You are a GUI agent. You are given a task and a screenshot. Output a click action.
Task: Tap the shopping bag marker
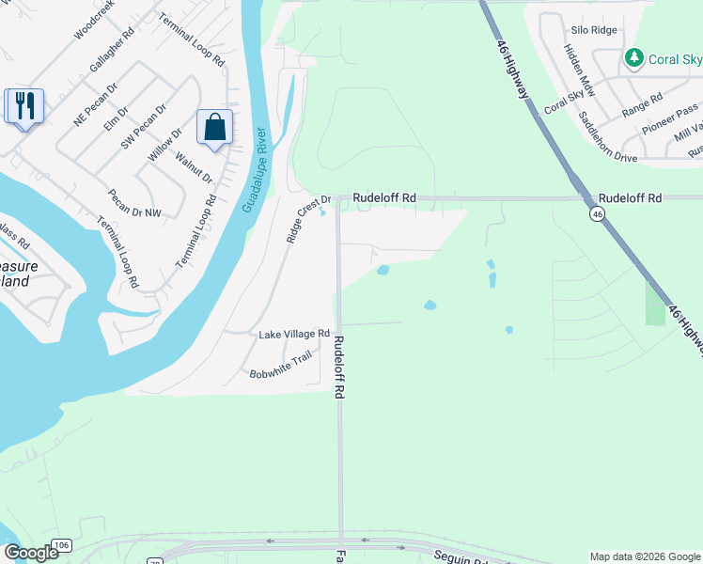pyautogui.click(x=214, y=127)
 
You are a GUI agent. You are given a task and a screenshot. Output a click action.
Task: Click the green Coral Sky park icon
pyautogui.click(x=634, y=58)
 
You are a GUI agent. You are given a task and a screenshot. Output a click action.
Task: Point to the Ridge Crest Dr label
pyautogui.click(x=309, y=219)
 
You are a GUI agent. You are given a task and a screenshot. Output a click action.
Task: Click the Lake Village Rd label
pyautogui.click(x=294, y=334)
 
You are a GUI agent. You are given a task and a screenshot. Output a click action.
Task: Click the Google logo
pyautogui.click(x=31, y=552)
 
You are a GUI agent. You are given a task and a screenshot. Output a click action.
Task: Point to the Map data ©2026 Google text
pyautogui.click(x=645, y=556)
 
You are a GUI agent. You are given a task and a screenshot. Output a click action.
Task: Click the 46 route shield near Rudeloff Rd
pyautogui.click(x=597, y=214)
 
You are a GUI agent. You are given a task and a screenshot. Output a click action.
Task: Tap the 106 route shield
pyautogui.click(x=62, y=546)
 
